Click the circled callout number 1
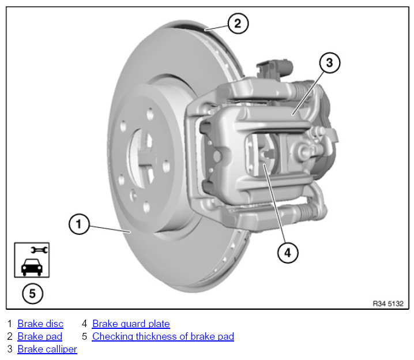pos(79,224)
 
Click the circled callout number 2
pos(238,24)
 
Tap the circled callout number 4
pos(288,252)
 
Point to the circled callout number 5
pos(32,294)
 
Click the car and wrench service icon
pos(32,260)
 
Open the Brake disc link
pos(40,324)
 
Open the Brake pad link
pos(40,336)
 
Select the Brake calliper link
pos(47,349)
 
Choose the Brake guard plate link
pos(131,324)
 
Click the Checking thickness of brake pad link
pos(163,336)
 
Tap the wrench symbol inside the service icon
pos(39,250)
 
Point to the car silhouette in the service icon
pos(31,266)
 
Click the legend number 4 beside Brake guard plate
pos(84,324)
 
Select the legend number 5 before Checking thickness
pos(84,336)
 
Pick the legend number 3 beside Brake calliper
pos(9,349)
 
